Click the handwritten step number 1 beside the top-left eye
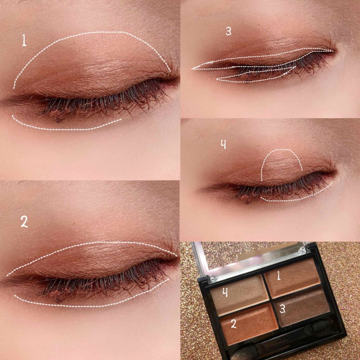24,40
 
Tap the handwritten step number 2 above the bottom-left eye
24,222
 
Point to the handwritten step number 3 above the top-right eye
228,31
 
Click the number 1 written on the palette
278,275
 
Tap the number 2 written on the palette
233,323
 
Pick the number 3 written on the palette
282,309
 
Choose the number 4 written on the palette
225,292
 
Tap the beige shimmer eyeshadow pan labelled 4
239,295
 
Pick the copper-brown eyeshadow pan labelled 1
292,278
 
